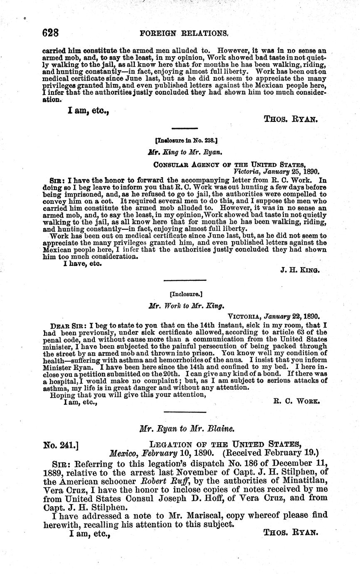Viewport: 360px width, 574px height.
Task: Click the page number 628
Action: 52,32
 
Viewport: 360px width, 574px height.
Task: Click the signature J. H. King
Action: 300,270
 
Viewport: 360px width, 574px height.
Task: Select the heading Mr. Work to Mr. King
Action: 180,305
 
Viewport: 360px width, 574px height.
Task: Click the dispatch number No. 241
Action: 61,445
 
